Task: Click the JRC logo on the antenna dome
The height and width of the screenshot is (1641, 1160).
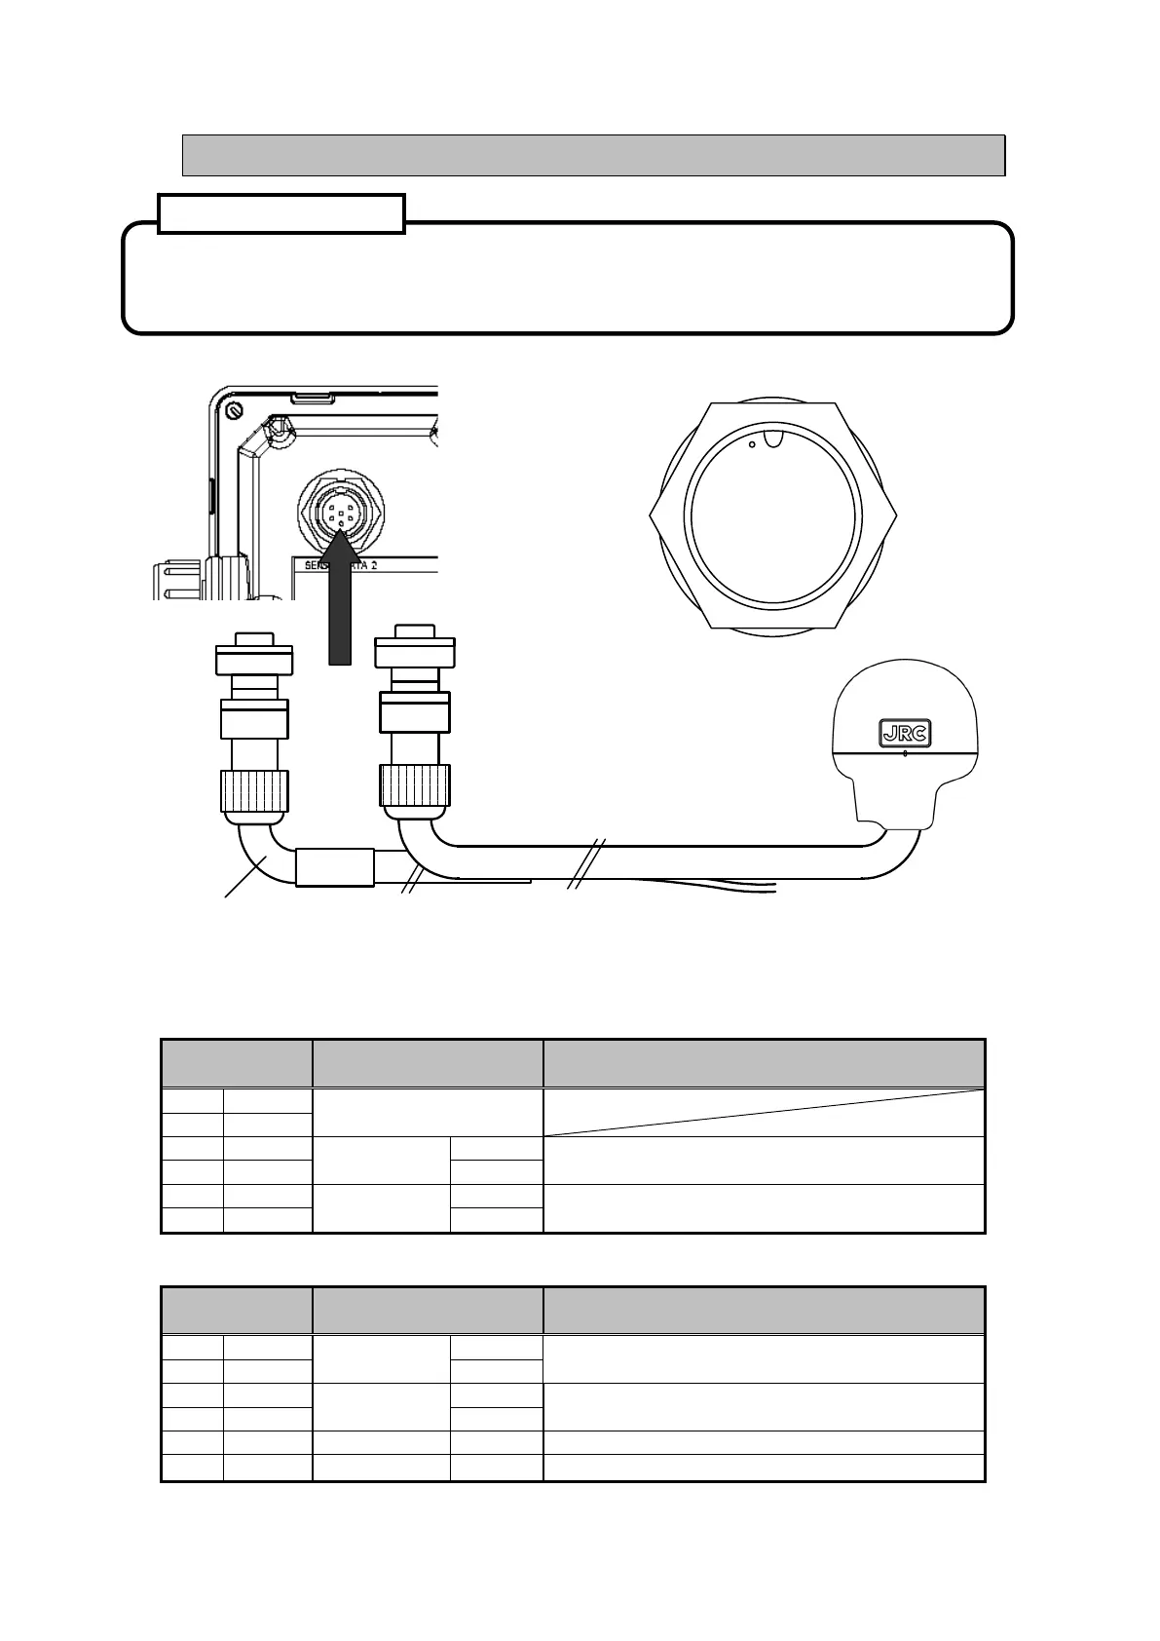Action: pyautogui.click(x=905, y=732)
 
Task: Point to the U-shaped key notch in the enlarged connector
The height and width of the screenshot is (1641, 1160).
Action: pyautogui.click(x=773, y=439)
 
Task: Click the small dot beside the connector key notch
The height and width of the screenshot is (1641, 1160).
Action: pyautogui.click(x=752, y=444)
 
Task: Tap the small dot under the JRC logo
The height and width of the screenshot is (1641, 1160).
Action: pyautogui.click(x=905, y=753)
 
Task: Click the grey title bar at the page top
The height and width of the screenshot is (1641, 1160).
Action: pyautogui.click(x=593, y=156)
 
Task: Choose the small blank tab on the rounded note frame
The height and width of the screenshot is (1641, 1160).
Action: pyautogui.click(x=281, y=213)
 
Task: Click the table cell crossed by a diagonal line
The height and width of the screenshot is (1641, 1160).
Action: pyautogui.click(x=764, y=1112)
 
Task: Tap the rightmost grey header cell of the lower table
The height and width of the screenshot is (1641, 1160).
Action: pyautogui.click(x=764, y=1310)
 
